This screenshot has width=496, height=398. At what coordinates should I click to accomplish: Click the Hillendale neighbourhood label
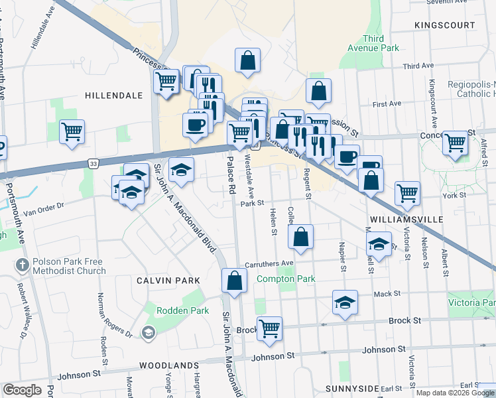tap(113, 96)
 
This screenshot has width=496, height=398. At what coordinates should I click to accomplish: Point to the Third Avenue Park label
tap(373, 44)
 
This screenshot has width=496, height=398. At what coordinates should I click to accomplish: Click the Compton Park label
tap(286, 279)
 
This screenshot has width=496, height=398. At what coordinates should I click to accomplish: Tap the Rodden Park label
tap(182, 310)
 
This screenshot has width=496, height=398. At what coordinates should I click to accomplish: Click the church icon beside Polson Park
tap(21, 265)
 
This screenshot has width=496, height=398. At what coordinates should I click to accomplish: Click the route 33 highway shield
tap(93, 163)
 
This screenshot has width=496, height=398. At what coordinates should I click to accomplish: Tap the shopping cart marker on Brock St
tap(269, 328)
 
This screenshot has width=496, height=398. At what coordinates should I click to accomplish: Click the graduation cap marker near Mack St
tap(345, 302)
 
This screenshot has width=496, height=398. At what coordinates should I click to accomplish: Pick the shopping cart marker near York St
tap(407, 193)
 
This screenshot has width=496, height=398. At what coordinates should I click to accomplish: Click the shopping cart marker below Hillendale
tap(72, 131)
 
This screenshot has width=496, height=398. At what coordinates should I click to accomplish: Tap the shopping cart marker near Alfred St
tap(455, 142)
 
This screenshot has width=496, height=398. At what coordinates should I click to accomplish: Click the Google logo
tap(22, 390)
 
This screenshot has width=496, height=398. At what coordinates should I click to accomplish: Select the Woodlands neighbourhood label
tap(169, 365)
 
